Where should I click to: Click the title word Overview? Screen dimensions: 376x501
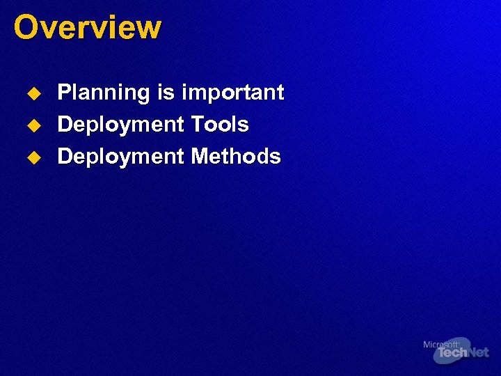tap(87, 28)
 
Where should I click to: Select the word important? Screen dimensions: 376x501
tap(233, 93)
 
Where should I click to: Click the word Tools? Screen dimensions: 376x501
tap(220, 125)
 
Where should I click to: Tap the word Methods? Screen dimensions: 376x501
tap(236, 156)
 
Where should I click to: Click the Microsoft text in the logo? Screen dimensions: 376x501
tap(440, 344)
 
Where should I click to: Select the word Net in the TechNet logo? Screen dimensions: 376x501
tap(477, 354)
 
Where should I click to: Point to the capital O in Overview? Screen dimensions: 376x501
tap(26, 28)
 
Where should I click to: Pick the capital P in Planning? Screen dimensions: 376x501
tap(64, 93)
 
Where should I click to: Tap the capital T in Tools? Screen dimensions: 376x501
tap(198, 125)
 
